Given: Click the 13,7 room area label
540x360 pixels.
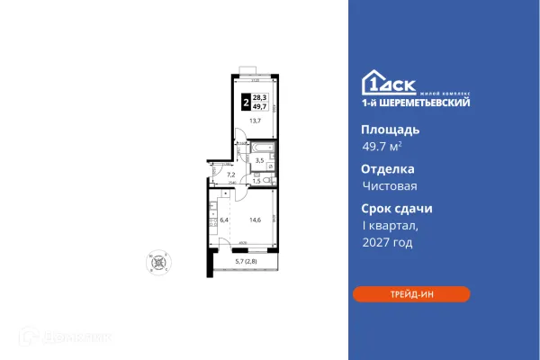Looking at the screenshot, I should click(x=256, y=121).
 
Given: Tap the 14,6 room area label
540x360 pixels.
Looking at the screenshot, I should click(x=256, y=220).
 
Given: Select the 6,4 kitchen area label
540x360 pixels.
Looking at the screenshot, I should click(x=224, y=220).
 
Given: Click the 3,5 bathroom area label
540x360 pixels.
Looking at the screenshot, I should click(x=259, y=160).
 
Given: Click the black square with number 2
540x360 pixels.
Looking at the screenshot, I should click(x=247, y=101).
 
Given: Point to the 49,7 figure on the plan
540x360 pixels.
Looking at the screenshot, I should click(x=260, y=105).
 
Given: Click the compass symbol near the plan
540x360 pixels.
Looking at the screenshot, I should click(x=158, y=263).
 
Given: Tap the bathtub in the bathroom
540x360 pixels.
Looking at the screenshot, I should click(x=262, y=145).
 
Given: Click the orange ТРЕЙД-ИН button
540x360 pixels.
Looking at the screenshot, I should click(x=411, y=293).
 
